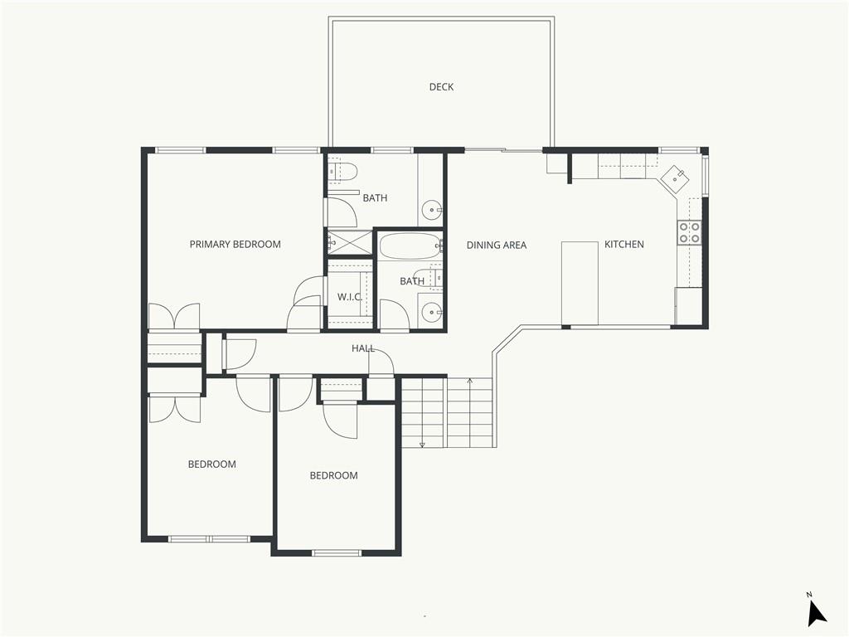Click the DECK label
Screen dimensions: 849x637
tap(441, 86)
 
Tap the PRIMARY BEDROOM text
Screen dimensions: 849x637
tap(235, 245)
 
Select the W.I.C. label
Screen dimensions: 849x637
tap(350, 297)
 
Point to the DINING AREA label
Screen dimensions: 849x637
tap(497, 245)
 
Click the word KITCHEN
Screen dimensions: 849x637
tap(624, 245)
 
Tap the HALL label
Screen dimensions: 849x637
tap(363, 348)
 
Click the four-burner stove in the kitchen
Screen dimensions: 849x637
tap(690, 232)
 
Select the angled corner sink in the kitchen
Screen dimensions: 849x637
tap(674, 177)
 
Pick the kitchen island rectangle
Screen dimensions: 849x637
tap(580, 284)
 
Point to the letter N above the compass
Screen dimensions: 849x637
tap(809, 594)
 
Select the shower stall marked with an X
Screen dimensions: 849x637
tap(350, 241)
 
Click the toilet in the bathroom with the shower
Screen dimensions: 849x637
tap(342, 171)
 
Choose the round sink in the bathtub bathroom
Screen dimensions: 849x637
tap(431, 312)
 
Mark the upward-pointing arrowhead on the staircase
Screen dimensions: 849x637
tap(470, 382)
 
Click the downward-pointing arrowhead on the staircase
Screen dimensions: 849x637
tap(422, 445)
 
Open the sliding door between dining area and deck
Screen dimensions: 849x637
tap(503, 149)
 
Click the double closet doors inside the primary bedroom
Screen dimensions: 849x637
tap(174, 316)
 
